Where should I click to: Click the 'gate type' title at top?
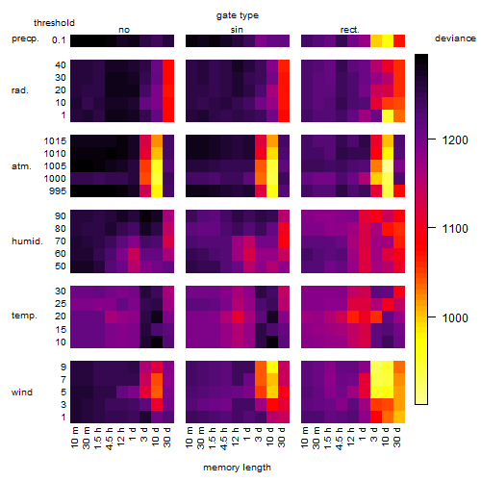pos(238,15)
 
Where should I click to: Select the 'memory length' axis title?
pos(237,468)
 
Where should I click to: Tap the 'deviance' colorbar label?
pos(455,38)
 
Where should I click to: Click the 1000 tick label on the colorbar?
pos(455,318)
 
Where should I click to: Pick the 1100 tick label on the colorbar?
pos(455,229)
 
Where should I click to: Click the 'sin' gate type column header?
pos(237,30)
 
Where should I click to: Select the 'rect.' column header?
pos(349,30)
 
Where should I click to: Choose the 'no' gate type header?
pos(124,30)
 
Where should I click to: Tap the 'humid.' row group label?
pos(27,241)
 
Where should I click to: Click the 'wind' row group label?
pos(22,392)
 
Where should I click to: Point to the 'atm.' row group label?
pos(21,166)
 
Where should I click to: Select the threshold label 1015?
pos(55,141)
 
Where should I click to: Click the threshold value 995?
pos(58,191)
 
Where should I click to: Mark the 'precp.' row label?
pos(25,38)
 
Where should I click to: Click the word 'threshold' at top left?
pos(54,23)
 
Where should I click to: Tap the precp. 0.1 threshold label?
pos(59,40)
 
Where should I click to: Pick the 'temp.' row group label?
pos(24,316)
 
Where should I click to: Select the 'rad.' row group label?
pos(20,90)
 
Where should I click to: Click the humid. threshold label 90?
pos(61,216)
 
